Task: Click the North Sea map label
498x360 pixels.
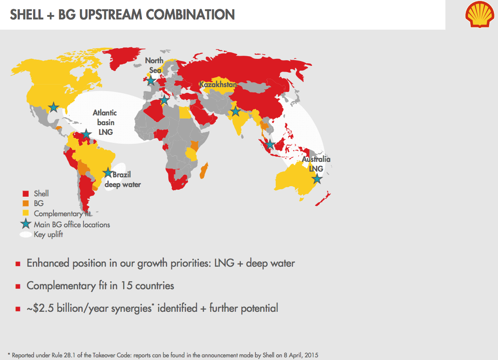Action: [x=154, y=65]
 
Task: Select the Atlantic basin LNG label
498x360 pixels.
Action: [x=105, y=123]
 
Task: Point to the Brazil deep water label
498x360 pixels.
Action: [x=122, y=179]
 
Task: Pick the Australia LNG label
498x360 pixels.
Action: [x=316, y=164]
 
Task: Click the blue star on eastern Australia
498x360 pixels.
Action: [x=316, y=179]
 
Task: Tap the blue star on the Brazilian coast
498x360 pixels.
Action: [x=107, y=173]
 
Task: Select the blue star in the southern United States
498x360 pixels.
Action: [x=53, y=107]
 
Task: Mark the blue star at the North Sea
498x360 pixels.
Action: [x=151, y=80]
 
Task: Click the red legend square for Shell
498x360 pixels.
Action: [x=26, y=194]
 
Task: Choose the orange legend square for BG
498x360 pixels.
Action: [x=26, y=204]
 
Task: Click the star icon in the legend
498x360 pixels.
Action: [x=26, y=224]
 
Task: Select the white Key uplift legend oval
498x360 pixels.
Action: [x=26, y=234]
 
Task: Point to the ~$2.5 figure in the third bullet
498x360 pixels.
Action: [x=38, y=308]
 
